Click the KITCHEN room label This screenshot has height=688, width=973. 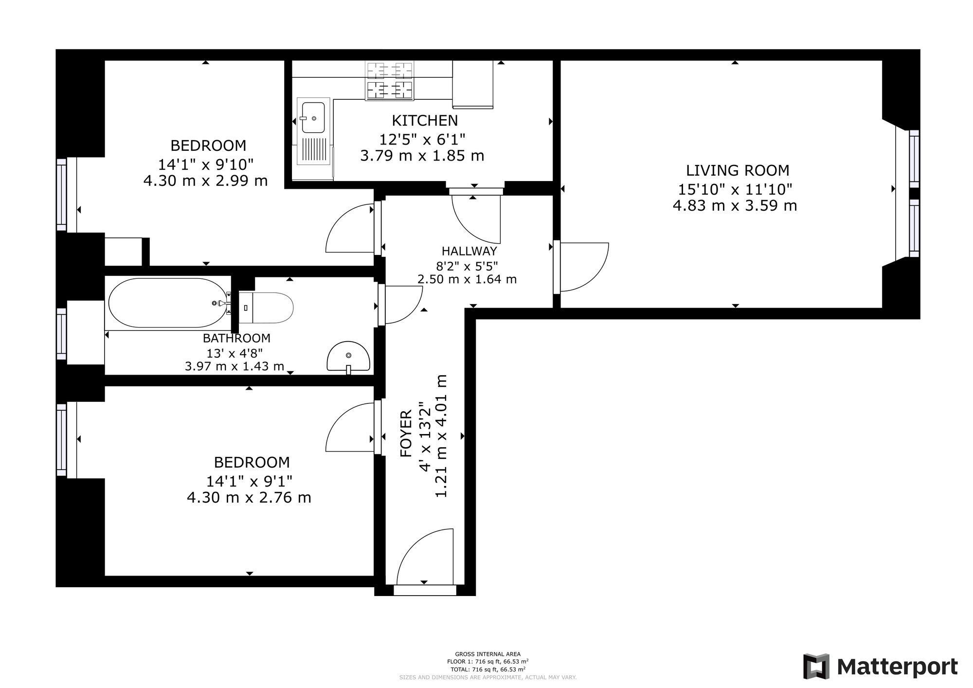(425, 120)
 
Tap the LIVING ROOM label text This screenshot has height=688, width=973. (738, 170)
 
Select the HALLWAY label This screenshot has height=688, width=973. (469, 251)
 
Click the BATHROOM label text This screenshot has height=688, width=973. (236, 338)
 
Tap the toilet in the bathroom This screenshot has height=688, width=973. (266, 308)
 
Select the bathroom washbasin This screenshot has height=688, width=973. (348, 357)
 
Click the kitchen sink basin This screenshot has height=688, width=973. (313, 117)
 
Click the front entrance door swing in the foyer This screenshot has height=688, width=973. (425, 557)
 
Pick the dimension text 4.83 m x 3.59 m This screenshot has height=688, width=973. (735, 206)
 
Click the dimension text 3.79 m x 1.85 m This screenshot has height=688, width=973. (422, 156)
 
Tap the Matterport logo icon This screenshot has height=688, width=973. (816, 667)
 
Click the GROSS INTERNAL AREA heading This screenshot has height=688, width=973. (487, 654)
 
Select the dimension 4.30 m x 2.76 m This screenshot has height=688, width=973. (249, 498)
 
